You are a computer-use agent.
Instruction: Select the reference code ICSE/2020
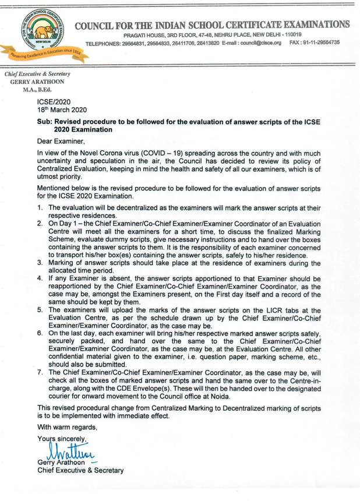click(x=54, y=101)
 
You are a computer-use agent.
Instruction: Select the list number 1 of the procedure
click(x=40, y=208)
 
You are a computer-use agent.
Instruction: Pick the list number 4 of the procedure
click(x=40, y=280)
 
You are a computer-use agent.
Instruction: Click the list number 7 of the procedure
click(x=40, y=372)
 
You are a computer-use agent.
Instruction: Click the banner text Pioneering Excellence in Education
click(x=47, y=52)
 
